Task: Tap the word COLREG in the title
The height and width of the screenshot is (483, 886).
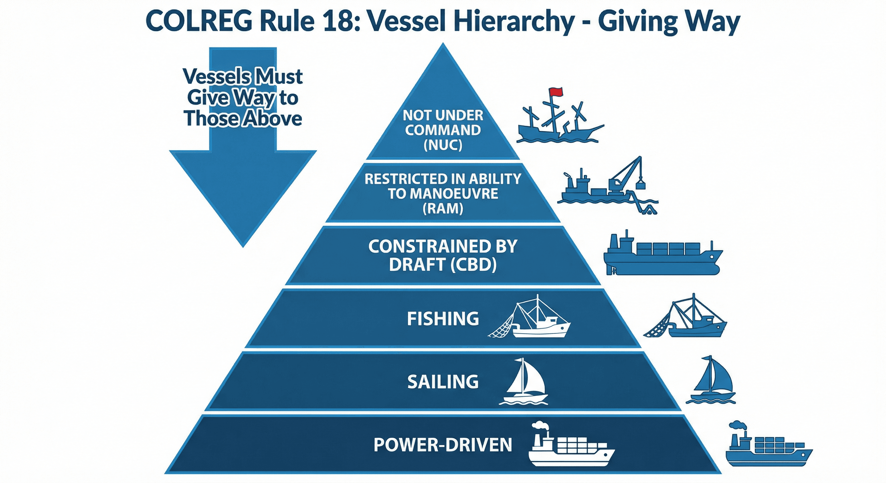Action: point(199,21)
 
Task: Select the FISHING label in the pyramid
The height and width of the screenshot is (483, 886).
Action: point(443,319)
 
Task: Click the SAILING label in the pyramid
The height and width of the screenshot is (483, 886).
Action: point(443,381)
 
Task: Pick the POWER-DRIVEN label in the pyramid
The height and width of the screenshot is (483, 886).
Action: point(443,445)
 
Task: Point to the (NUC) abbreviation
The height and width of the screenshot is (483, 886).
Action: point(443,145)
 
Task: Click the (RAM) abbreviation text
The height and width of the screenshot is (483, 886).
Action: point(443,208)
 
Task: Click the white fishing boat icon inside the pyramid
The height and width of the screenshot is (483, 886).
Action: point(531,318)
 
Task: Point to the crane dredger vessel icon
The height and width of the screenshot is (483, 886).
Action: point(607,187)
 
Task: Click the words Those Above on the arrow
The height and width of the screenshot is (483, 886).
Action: point(243,118)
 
